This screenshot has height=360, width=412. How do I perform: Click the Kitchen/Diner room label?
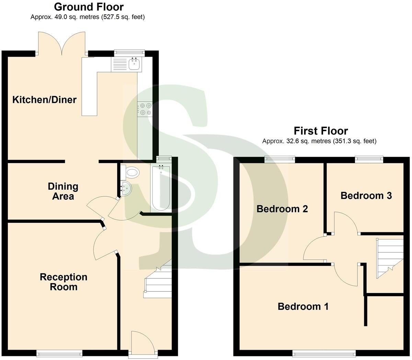44,100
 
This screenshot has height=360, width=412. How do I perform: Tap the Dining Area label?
63,191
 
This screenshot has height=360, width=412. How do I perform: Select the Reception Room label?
64,282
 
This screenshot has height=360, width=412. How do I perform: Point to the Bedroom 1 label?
303,306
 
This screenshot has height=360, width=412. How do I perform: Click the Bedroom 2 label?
282,209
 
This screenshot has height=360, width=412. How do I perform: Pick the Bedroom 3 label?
366,196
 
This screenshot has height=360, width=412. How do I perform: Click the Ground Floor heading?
89,7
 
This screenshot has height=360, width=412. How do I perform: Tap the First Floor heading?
321,131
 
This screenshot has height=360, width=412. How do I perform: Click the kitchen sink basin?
134,64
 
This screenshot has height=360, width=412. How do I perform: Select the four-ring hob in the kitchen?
144,109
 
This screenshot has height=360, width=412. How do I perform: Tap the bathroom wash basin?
126,189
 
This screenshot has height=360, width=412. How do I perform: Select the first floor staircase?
390,257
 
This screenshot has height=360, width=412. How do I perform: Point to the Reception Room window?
59,352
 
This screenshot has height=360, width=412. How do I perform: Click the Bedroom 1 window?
324,352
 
